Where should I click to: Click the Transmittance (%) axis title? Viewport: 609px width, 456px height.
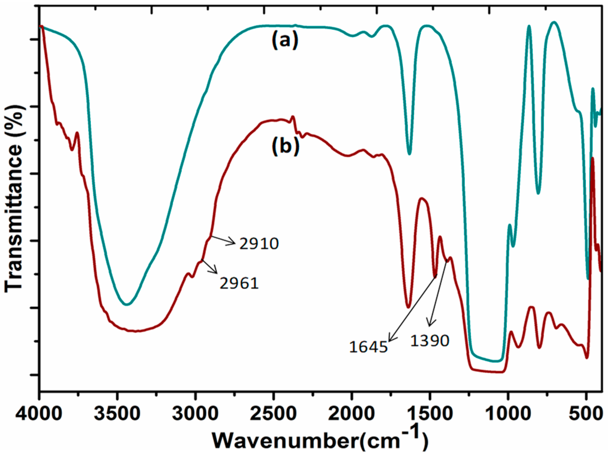click(14, 198)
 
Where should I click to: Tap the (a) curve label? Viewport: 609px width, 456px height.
click(285, 40)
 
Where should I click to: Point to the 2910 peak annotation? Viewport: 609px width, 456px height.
click(259, 244)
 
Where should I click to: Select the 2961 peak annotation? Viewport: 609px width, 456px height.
click(239, 283)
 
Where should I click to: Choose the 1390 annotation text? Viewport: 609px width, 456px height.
click(429, 341)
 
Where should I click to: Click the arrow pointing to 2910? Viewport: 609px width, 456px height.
click(223, 241)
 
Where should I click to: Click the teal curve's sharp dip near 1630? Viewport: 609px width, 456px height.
click(409, 153)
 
